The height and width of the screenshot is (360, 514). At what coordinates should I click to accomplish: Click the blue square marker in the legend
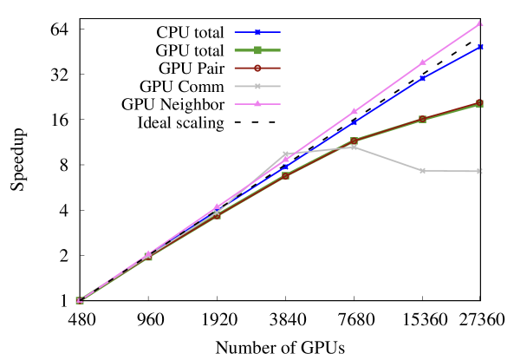257,32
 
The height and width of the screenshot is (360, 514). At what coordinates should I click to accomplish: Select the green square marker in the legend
257,50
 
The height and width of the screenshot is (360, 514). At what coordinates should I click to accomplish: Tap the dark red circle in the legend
257,68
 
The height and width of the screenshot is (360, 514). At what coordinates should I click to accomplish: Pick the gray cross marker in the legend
257,86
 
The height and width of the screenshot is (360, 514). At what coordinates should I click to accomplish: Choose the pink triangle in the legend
257,104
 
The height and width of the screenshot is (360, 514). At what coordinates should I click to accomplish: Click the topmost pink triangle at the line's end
480,23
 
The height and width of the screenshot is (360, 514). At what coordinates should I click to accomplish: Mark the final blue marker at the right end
480,47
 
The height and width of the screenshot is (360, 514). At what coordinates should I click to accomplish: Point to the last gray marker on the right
479,172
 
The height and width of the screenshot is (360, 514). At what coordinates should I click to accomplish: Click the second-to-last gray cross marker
422,171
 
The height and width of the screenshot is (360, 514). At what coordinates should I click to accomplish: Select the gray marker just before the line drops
354,147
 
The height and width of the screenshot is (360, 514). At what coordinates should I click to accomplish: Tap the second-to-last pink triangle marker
423,62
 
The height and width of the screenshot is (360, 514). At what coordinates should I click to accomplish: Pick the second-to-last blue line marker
422,78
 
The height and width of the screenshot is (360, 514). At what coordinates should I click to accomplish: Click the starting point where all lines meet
79,300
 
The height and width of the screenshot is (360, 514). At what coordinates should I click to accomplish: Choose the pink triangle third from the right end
354,111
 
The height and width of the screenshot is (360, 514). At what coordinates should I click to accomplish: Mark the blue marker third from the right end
354,122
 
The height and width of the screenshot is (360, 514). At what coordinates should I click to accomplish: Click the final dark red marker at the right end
479,103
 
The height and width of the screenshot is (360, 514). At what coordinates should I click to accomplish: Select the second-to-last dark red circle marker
422,119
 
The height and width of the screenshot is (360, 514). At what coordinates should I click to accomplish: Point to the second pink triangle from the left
148,253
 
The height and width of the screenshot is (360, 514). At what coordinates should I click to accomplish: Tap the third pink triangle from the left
217,206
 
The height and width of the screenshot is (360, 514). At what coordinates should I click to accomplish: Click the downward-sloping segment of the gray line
387,159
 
